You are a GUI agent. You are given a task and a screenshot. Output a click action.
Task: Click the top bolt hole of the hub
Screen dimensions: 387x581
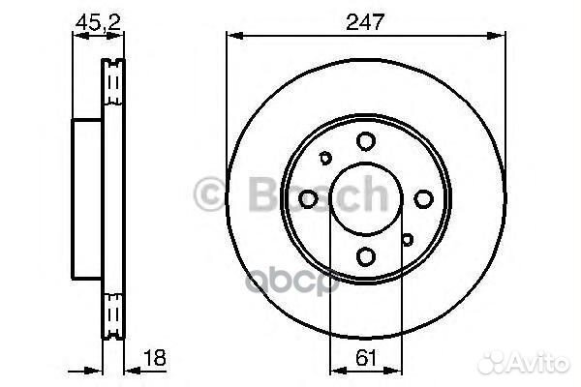click(365, 141)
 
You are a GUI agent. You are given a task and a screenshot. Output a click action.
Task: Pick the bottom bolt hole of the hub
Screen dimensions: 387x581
click(365, 256)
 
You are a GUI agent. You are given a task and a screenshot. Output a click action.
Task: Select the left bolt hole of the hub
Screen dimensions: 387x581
click(308, 198)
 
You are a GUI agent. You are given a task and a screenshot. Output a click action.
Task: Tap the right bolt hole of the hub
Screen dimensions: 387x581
click(423, 198)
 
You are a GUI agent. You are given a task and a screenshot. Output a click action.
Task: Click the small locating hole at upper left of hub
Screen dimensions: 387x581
click(325, 159)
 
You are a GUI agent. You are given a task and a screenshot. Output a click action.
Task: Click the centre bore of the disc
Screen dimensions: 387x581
click(365, 198)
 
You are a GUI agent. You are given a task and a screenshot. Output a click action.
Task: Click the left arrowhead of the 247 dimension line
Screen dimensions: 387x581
click(232, 36)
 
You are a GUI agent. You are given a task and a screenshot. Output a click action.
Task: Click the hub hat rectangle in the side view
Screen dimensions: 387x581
click(88, 198)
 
